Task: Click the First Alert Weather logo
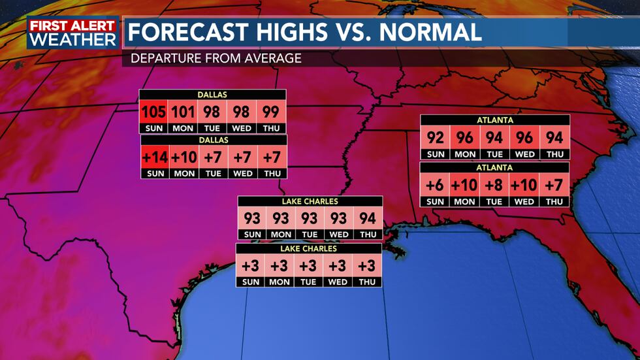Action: point(72,32)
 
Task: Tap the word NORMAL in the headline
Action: point(429,31)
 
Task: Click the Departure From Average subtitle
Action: point(216,58)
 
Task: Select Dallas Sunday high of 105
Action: point(154,112)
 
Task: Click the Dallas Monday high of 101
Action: point(184,112)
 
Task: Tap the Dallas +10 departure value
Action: point(184,158)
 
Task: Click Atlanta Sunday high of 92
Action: point(435,138)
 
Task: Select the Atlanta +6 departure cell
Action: point(435,185)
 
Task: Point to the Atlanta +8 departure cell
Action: point(494,185)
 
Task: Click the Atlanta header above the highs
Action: point(495,120)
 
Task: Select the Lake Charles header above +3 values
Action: point(309,249)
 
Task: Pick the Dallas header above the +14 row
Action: point(214,140)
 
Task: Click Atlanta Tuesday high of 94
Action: point(494,138)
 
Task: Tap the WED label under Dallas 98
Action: point(242,128)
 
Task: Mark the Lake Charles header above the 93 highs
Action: point(309,201)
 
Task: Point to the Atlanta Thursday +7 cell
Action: point(554,185)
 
